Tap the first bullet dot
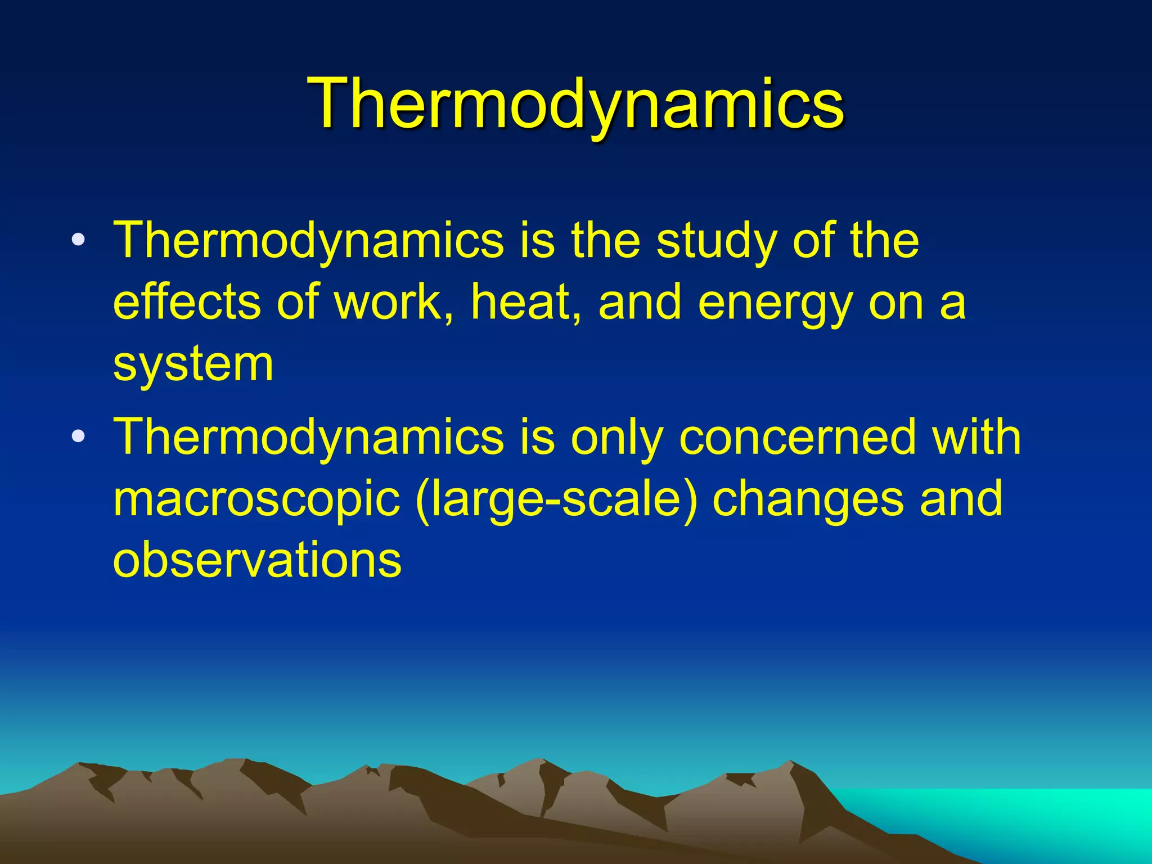click(79, 240)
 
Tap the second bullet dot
click(79, 436)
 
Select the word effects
click(187, 302)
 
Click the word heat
click(526, 302)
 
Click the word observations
click(257, 560)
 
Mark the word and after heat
click(640, 302)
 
